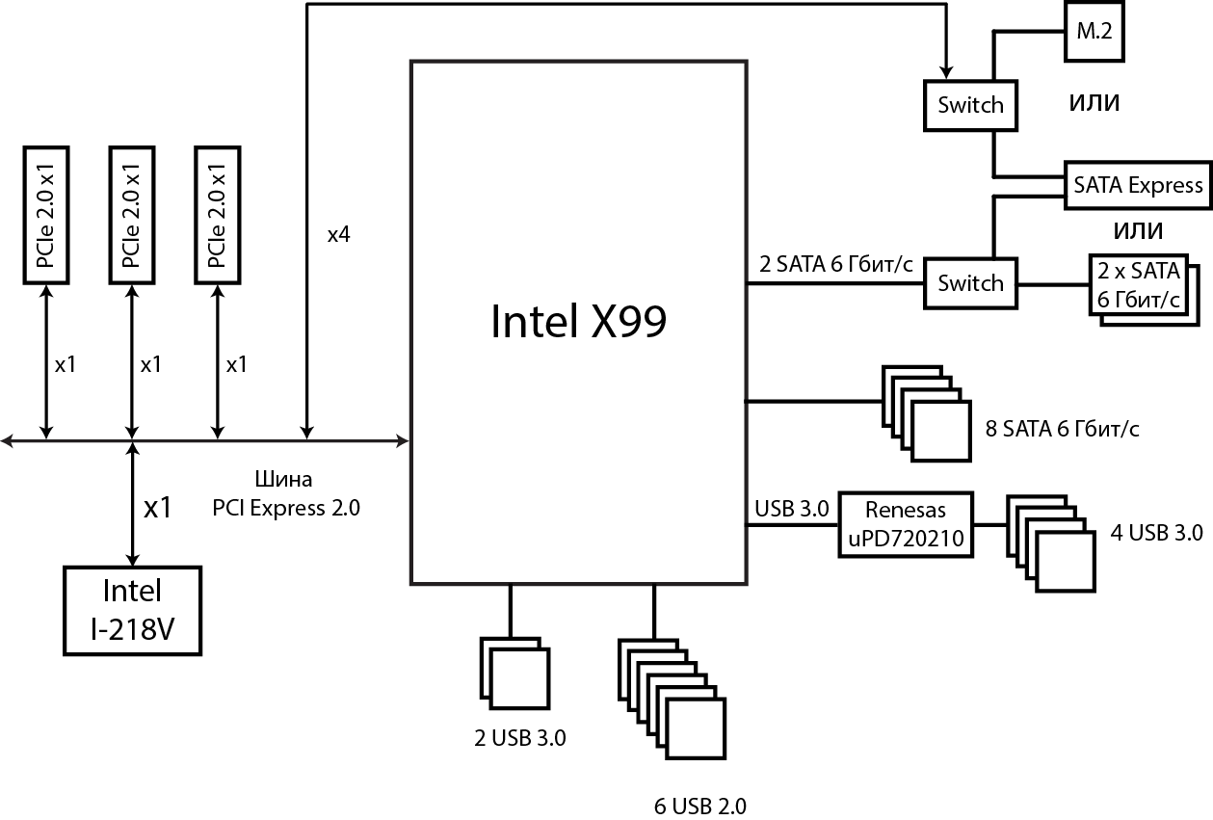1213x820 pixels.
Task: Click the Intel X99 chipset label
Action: click(x=578, y=322)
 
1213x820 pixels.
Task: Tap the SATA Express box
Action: click(x=1138, y=184)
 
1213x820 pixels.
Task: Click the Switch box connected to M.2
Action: click(x=970, y=104)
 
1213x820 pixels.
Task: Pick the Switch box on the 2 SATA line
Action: click(x=970, y=283)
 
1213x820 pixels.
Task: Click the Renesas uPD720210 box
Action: click(x=905, y=525)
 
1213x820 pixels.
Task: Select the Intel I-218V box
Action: click(x=133, y=610)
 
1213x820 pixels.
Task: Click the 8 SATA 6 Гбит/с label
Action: click(x=1062, y=429)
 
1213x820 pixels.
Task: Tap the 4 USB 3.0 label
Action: click(x=1156, y=531)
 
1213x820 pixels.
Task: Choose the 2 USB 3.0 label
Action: click(x=519, y=739)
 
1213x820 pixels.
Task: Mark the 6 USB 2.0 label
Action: click(x=699, y=807)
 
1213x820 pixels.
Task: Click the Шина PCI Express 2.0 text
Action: click(x=286, y=493)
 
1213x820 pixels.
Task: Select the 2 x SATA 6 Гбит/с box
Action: click(x=1137, y=285)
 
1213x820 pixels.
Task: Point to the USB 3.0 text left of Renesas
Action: click(x=792, y=509)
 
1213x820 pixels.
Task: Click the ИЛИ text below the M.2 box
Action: click(x=1094, y=103)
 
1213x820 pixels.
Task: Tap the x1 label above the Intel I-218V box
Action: click(x=157, y=508)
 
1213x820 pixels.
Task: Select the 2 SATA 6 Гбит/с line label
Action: click(x=835, y=264)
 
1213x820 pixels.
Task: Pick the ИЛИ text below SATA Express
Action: click(x=1137, y=231)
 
